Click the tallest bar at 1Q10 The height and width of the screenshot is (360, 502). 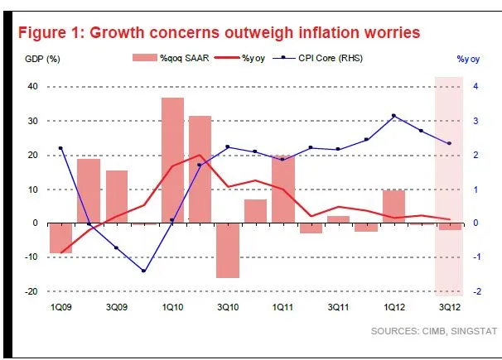point(172,160)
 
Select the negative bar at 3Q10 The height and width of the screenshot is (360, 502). point(227,250)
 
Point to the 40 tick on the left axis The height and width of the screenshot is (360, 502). point(34,87)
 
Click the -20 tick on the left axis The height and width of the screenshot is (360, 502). point(32,291)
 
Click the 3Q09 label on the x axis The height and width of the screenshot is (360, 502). point(117,308)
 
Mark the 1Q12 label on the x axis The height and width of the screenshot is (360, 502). point(393,308)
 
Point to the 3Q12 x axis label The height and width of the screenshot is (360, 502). point(449,308)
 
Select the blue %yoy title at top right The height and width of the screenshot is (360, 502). point(470,58)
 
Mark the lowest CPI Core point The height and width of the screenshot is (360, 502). point(144,271)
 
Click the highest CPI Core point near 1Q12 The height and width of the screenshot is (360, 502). point(393,115)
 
